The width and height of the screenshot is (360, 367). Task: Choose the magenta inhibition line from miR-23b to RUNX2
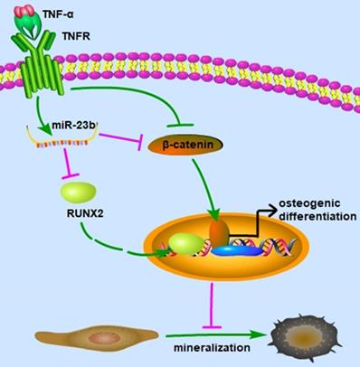point(64,159)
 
